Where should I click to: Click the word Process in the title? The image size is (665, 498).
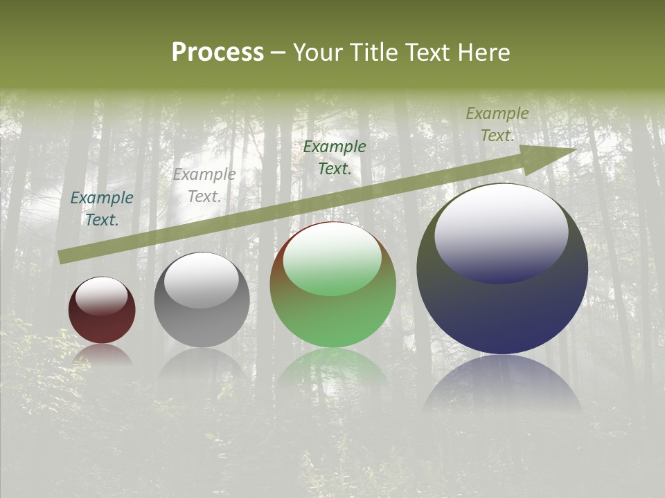(218, 53)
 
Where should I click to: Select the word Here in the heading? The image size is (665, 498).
(486, 53)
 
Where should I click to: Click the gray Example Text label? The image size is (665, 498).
(204, 185)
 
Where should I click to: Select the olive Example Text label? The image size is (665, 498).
(497, 124)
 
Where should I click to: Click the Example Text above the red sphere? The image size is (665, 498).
(102, 209)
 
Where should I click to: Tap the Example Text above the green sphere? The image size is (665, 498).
(335, 158)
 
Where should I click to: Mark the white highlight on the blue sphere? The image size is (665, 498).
(501, 232)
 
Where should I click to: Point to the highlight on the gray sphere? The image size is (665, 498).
(201, 280)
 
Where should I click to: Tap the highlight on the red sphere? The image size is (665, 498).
(102, 296)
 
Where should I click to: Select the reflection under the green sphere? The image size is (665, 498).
(332, 370)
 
